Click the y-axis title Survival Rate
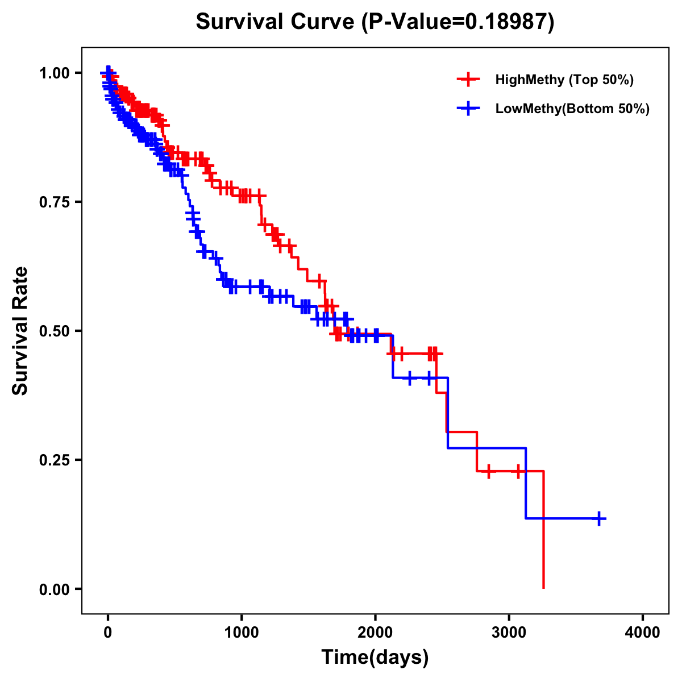(20, 330)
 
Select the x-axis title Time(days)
(375, 658)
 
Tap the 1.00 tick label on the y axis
(55, 73)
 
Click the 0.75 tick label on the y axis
(55, 202)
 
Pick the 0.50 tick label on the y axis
(55, 331)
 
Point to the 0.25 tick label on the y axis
(55, 460)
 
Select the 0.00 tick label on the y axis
(55, 589)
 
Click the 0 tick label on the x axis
(108, 633)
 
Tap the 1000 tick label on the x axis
(242, 633)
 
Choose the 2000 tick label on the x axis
(375, 633)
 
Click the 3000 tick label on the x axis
(509, 633)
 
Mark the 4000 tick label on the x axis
(643, 633)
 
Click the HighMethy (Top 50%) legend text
(564, 80)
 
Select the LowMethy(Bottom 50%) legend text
(572, 109)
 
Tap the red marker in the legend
(468, 80)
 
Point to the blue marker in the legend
(468, 109)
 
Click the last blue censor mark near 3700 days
(599, 518)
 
